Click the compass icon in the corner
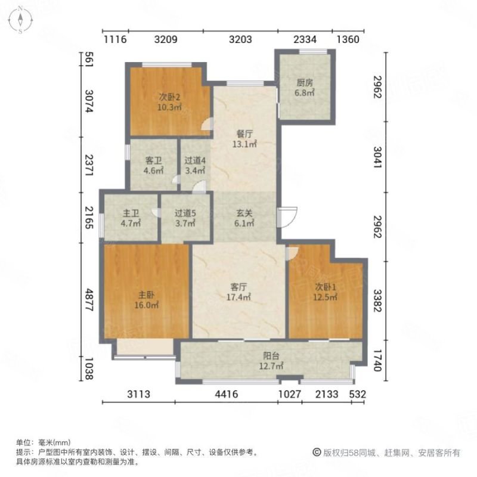20,20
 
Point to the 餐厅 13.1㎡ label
244,139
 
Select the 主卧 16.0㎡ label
146,300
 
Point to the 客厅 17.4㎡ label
238,292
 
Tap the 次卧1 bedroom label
325,292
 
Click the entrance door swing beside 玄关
287,217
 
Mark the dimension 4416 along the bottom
227,394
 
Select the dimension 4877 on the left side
89,300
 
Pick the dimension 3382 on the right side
377,301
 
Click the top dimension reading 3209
166,39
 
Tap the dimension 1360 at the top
348,39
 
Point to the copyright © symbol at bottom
317,453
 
